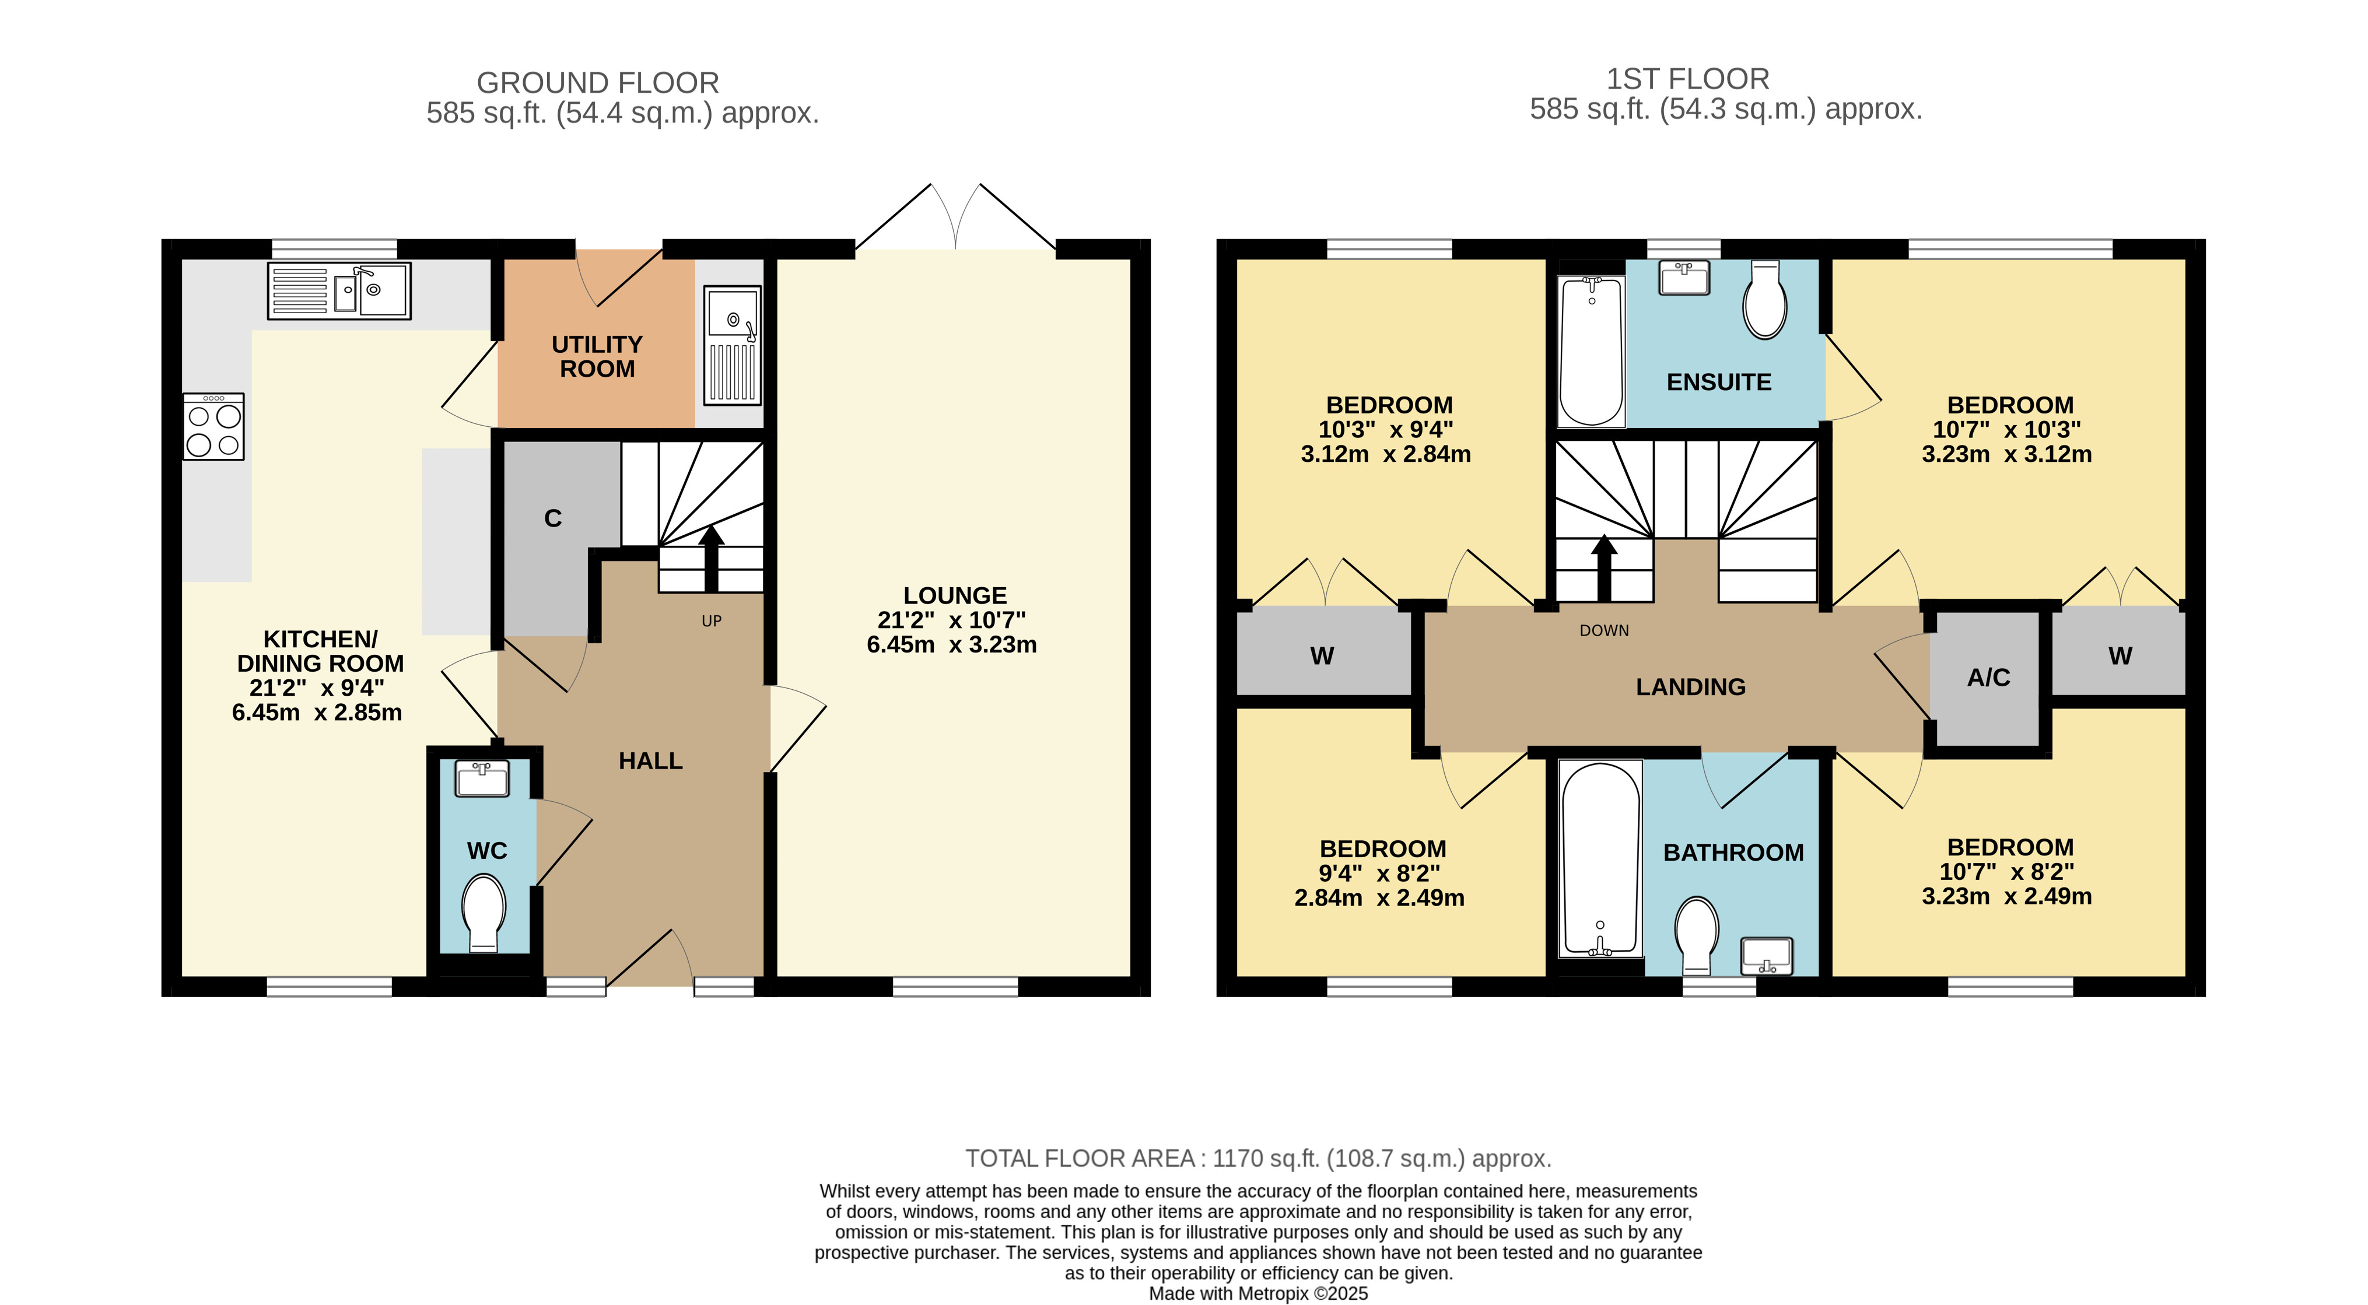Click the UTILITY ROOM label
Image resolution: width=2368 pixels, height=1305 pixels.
[597, 357]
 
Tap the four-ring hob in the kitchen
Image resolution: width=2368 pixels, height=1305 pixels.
[213, 426]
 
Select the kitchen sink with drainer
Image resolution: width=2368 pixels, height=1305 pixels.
[339, 290]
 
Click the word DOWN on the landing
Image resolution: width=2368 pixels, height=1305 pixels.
[1604, 630]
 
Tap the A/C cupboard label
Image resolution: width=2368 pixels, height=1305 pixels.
[1988, 678]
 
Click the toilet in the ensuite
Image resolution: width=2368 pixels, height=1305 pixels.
[1765, 300]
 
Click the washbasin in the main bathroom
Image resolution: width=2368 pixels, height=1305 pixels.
[1767, 956]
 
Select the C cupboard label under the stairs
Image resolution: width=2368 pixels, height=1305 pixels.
[552, 518]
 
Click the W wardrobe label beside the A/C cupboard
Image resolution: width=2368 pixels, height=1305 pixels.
[2120, 656]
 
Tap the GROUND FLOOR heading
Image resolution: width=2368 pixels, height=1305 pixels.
[597, 83]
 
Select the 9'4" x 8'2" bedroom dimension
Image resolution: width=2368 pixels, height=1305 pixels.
[1379, 873]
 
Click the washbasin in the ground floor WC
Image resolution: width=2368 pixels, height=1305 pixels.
[482, 779]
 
